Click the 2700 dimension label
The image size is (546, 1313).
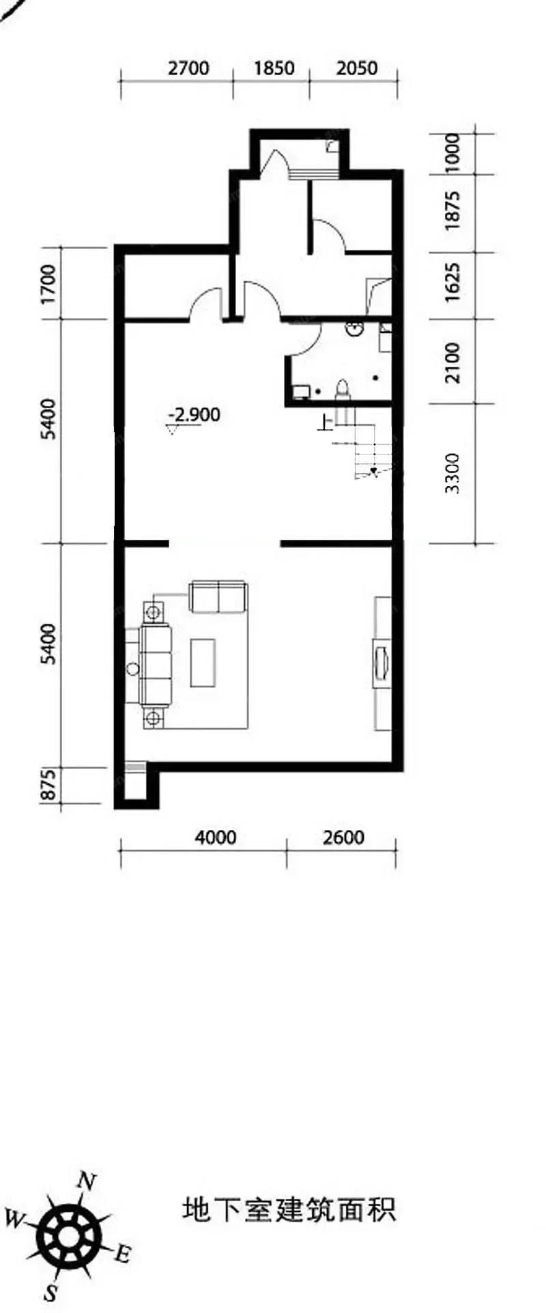pyautogui.click(x=188, y=68)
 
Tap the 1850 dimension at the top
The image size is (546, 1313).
pyautogui.click(x=274, y=68)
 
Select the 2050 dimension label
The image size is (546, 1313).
pyautogui.click(x=357, y=68)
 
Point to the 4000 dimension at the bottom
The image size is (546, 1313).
pyautogui.click(x=216, y=837)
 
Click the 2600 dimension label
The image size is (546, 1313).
pyautogui.click(x=344, y=837)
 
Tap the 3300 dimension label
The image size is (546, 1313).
pyautogui.click(x=451, y=473)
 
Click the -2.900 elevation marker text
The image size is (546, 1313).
pyautogui.click(x=195, y=414)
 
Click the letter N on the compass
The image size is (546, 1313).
pyautogui.click(x=86, y=1181)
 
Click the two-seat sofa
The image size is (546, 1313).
pyautogui.click(x=218, y=596)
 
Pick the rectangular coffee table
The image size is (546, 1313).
pyautogui.click(x=203, y=662)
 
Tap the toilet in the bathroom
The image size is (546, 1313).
pyautogui.click(x=343, y=388)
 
